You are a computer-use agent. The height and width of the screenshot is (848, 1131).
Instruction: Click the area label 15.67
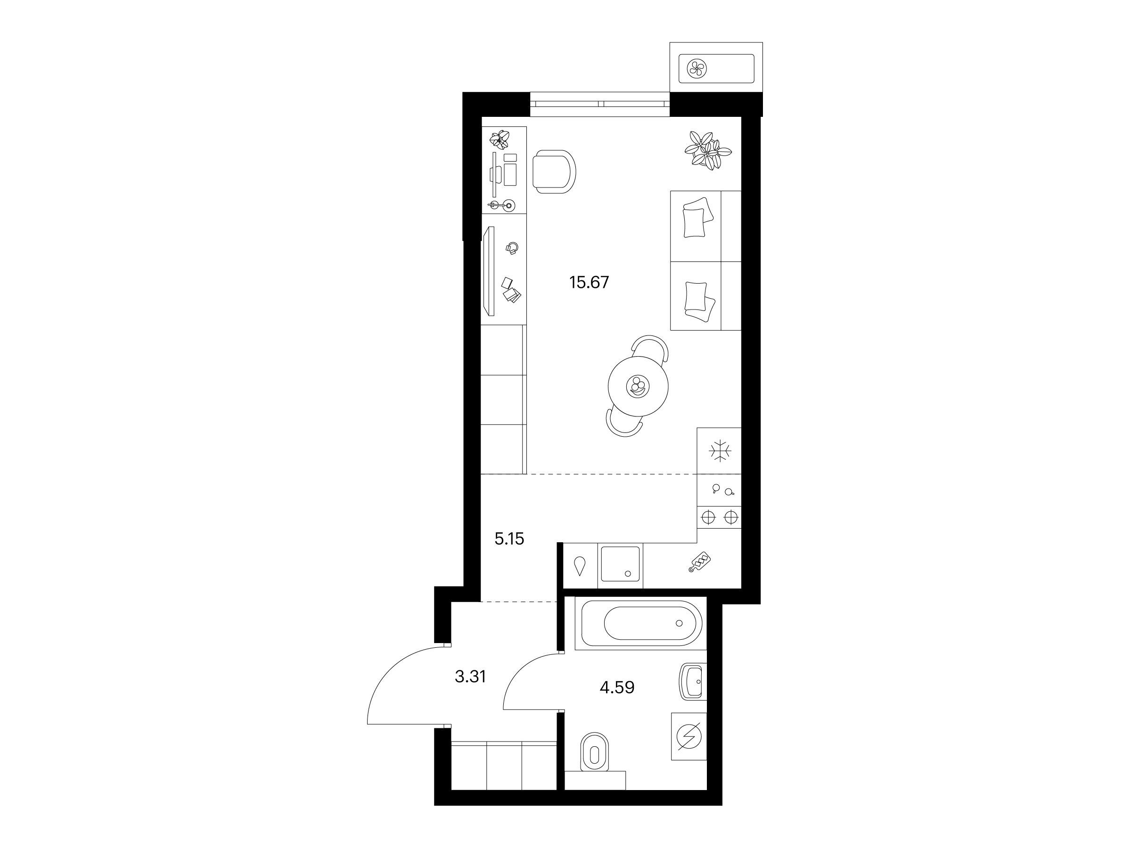pos(589,282)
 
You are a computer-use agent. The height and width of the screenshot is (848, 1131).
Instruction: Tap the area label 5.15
pos(509,539)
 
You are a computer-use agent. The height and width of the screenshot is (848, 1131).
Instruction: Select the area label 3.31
pos(470,677)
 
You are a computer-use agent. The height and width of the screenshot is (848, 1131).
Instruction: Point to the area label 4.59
pos(617,687)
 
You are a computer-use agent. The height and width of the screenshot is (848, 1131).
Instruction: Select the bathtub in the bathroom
pos(640,623)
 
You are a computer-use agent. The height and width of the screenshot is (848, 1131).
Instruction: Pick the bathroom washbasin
pos(693,681)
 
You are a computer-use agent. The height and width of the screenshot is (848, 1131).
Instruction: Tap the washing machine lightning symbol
pos(688,736)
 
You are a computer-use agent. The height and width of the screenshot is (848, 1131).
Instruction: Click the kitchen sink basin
pos(620,564)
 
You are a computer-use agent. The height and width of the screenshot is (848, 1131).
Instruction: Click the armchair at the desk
pos(554,172)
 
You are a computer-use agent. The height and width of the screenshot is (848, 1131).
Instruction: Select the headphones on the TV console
pos(512,248)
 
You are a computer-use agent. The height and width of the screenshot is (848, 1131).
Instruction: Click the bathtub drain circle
pos(679,623)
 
